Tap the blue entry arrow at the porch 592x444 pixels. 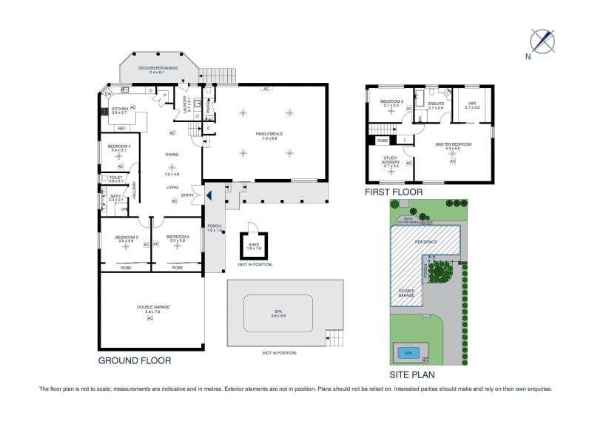click(209, 195)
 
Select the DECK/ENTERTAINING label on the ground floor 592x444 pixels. click(158, 67)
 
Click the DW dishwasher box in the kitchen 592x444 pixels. click(107, 95)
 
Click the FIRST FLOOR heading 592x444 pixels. click(393, 192)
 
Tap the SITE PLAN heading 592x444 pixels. click(412, 374)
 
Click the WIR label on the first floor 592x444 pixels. click(471, 104)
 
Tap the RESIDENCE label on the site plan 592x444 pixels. click(425, 242)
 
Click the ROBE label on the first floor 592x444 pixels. click(383, 139)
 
